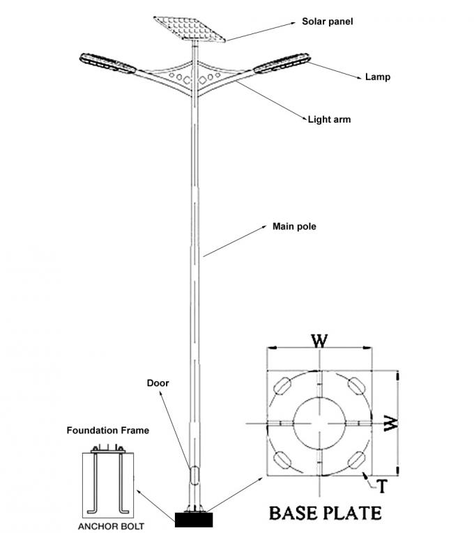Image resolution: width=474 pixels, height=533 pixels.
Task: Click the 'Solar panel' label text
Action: pos(327,22)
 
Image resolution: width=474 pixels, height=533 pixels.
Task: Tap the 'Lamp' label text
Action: pos(377,77)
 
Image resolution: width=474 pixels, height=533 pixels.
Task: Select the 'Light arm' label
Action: pos(329,119)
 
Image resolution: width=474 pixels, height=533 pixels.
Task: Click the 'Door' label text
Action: pos(158,383)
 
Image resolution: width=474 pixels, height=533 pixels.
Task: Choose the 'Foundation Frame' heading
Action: pos(107,431)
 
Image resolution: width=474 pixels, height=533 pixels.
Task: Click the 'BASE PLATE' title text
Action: pos(325,513)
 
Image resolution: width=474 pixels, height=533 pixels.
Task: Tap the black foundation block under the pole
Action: pos(194,519)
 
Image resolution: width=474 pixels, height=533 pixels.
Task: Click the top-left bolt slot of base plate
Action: pos(284,385)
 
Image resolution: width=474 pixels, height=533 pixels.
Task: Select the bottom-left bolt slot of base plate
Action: pos(284,458)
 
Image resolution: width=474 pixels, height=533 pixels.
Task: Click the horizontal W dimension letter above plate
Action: pos(319,341)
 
